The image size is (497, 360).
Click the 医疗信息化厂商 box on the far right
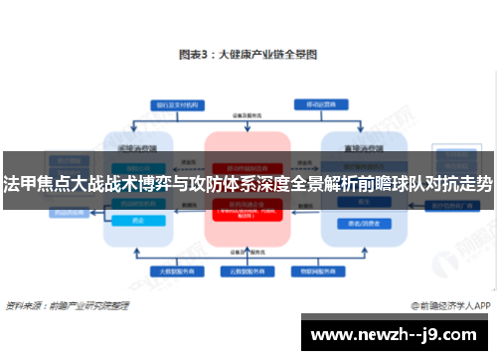click(x=434, y=206)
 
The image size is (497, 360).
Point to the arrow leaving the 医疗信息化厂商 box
click(x=402, y=206)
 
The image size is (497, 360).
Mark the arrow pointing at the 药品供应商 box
click(x=92, y=211)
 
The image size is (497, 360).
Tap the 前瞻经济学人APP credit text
click(x=449, y=306)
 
